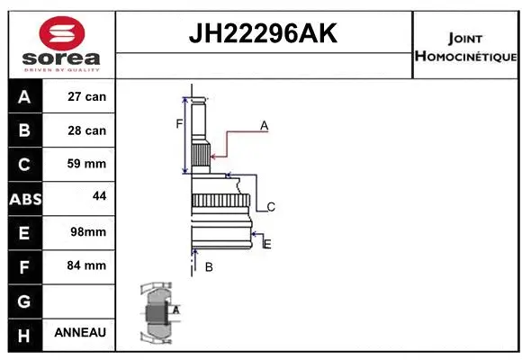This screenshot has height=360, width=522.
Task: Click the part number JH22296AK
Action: coord(262,34)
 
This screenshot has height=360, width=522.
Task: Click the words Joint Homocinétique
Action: coord(465,48)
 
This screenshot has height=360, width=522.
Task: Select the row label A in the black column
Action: coord(23,96)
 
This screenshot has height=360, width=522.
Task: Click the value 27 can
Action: coord(87,96)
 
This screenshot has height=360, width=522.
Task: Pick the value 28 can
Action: coord(87,130)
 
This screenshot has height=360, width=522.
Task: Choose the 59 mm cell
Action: coord(87,165)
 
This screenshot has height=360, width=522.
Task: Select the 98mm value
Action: coord(87,232)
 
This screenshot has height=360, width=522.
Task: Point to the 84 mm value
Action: coord(87,265)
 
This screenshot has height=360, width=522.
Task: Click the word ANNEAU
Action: coord(80,332)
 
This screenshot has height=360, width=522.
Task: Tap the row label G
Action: coord(23,300)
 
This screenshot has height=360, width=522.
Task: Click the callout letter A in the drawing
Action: coord(265,126)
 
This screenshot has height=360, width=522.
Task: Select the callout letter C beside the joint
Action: coord(270,207)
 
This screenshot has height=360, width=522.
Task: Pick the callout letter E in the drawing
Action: coord(267,243)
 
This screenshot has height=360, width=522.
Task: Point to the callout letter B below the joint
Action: coord(208,267)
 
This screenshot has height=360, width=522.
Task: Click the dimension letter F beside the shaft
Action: coord(179,123)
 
